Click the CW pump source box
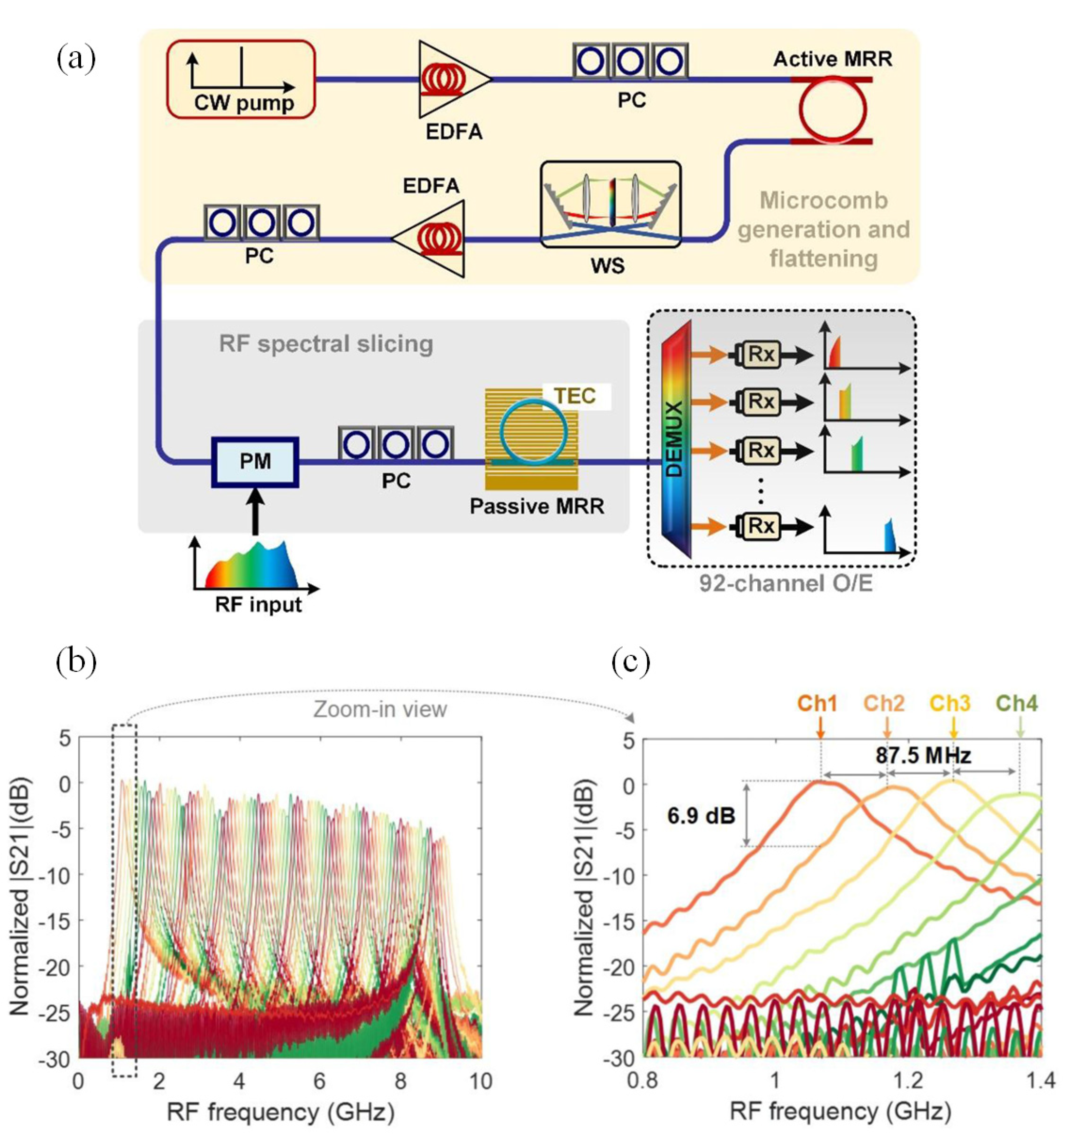point(241,79)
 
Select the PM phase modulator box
point(255,462)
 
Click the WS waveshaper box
point(610,205)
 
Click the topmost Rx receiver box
point(761,355)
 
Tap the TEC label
point(574,396)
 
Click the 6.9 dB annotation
point(701,815)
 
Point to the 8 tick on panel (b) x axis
point(401,1081)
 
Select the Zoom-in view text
point(380,708)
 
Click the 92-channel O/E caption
point(785,583)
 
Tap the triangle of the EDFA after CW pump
point(449,79)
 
